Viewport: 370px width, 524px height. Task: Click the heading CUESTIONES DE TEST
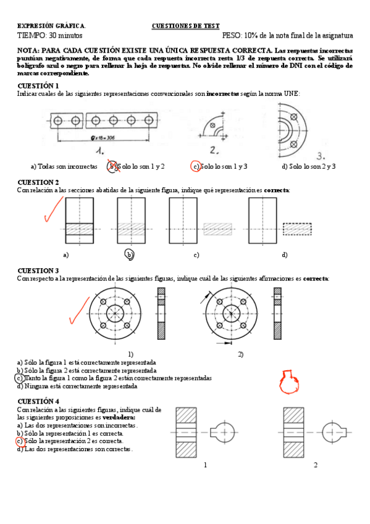click(186, 26)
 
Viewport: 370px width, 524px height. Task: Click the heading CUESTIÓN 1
click(38, 86)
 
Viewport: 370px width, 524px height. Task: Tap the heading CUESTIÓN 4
click(38, 401)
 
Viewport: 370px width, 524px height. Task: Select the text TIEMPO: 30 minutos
click(50, 35)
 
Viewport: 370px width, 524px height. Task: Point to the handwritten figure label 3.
click(321, 156)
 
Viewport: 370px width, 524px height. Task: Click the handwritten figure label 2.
click(214, 150)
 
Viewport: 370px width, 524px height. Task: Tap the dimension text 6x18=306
click(103, 138)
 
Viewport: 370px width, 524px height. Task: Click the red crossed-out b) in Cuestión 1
click(113, 166)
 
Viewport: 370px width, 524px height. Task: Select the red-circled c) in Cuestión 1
click(195, 166)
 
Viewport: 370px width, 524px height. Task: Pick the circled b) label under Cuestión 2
click(130, 255)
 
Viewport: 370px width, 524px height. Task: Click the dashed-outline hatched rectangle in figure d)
click(297, 229)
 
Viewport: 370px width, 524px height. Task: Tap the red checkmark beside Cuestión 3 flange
click(79, 311)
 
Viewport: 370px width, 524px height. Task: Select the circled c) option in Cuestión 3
click(20, 378)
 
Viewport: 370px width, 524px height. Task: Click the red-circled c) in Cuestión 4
click(20, 441)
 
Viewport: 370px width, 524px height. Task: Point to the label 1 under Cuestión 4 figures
click(205, 465)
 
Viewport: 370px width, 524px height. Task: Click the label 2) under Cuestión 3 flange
click(240, 354)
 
